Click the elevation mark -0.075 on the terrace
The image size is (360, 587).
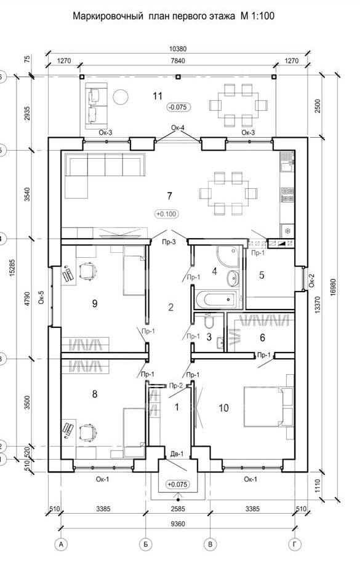click(178, 107)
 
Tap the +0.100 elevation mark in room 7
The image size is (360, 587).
click(166, 214)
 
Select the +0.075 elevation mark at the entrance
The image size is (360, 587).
click(177, 484)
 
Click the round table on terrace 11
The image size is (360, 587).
click(121, 97)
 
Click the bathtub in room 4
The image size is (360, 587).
click(215, 300)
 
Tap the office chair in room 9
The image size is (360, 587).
click(87, 271)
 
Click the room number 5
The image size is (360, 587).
click(262, 275)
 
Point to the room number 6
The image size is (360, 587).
click(262, 338)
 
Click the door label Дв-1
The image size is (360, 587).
click(177, 454)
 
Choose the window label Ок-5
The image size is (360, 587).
click(41, 297)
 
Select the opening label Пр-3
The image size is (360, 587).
click(169, 242)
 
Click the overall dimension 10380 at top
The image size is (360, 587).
click(178, 49)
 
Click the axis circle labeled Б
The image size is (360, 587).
click(145, 545)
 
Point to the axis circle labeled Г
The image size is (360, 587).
click(295, 545)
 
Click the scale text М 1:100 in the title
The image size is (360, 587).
click(257, 16)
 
